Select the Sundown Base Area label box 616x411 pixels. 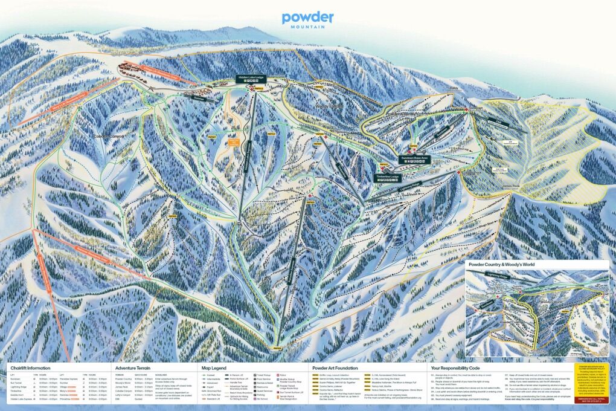tap(414, 158)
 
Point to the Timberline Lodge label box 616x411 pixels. tap(388, 176)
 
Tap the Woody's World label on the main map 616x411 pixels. tap(330, 106)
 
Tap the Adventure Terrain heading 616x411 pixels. tap(134, 367)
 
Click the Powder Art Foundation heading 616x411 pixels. tap(335, 367)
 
